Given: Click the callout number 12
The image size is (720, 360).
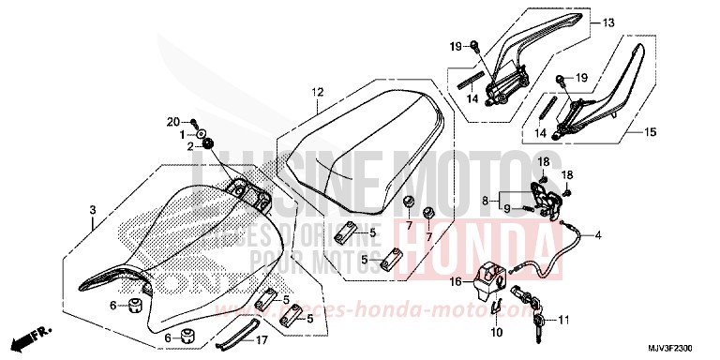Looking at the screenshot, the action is tap(318, 92).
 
